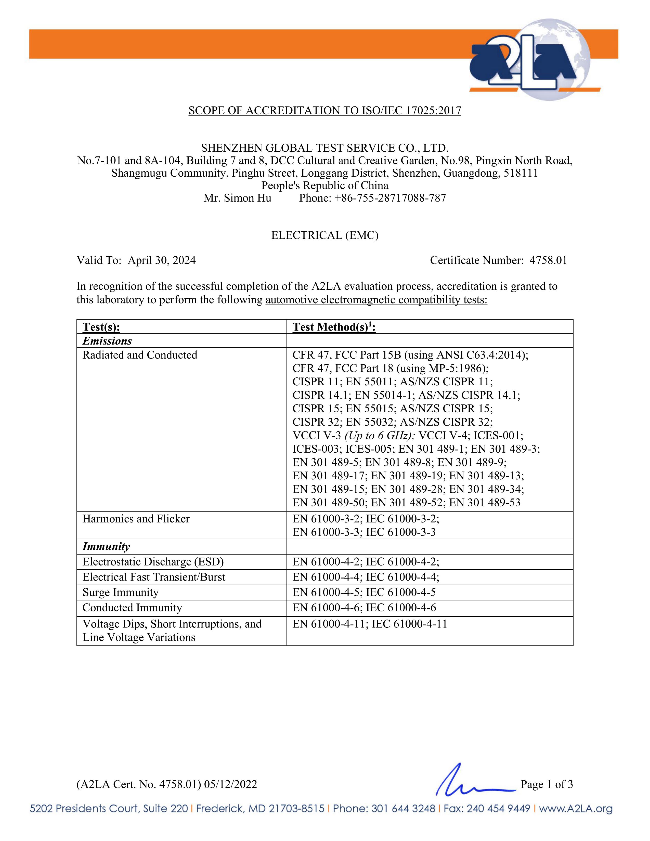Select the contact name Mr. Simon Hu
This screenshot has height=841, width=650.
[237, 198]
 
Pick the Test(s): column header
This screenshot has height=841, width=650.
[101, 327]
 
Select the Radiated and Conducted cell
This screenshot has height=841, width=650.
[140, 355]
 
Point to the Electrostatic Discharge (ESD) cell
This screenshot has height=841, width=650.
[153, 562]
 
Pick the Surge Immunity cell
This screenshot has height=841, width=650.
[121, 592]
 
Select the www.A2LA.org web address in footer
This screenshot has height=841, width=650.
[575, 809]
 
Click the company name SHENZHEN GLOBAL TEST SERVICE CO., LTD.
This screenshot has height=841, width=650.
[324, 148]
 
